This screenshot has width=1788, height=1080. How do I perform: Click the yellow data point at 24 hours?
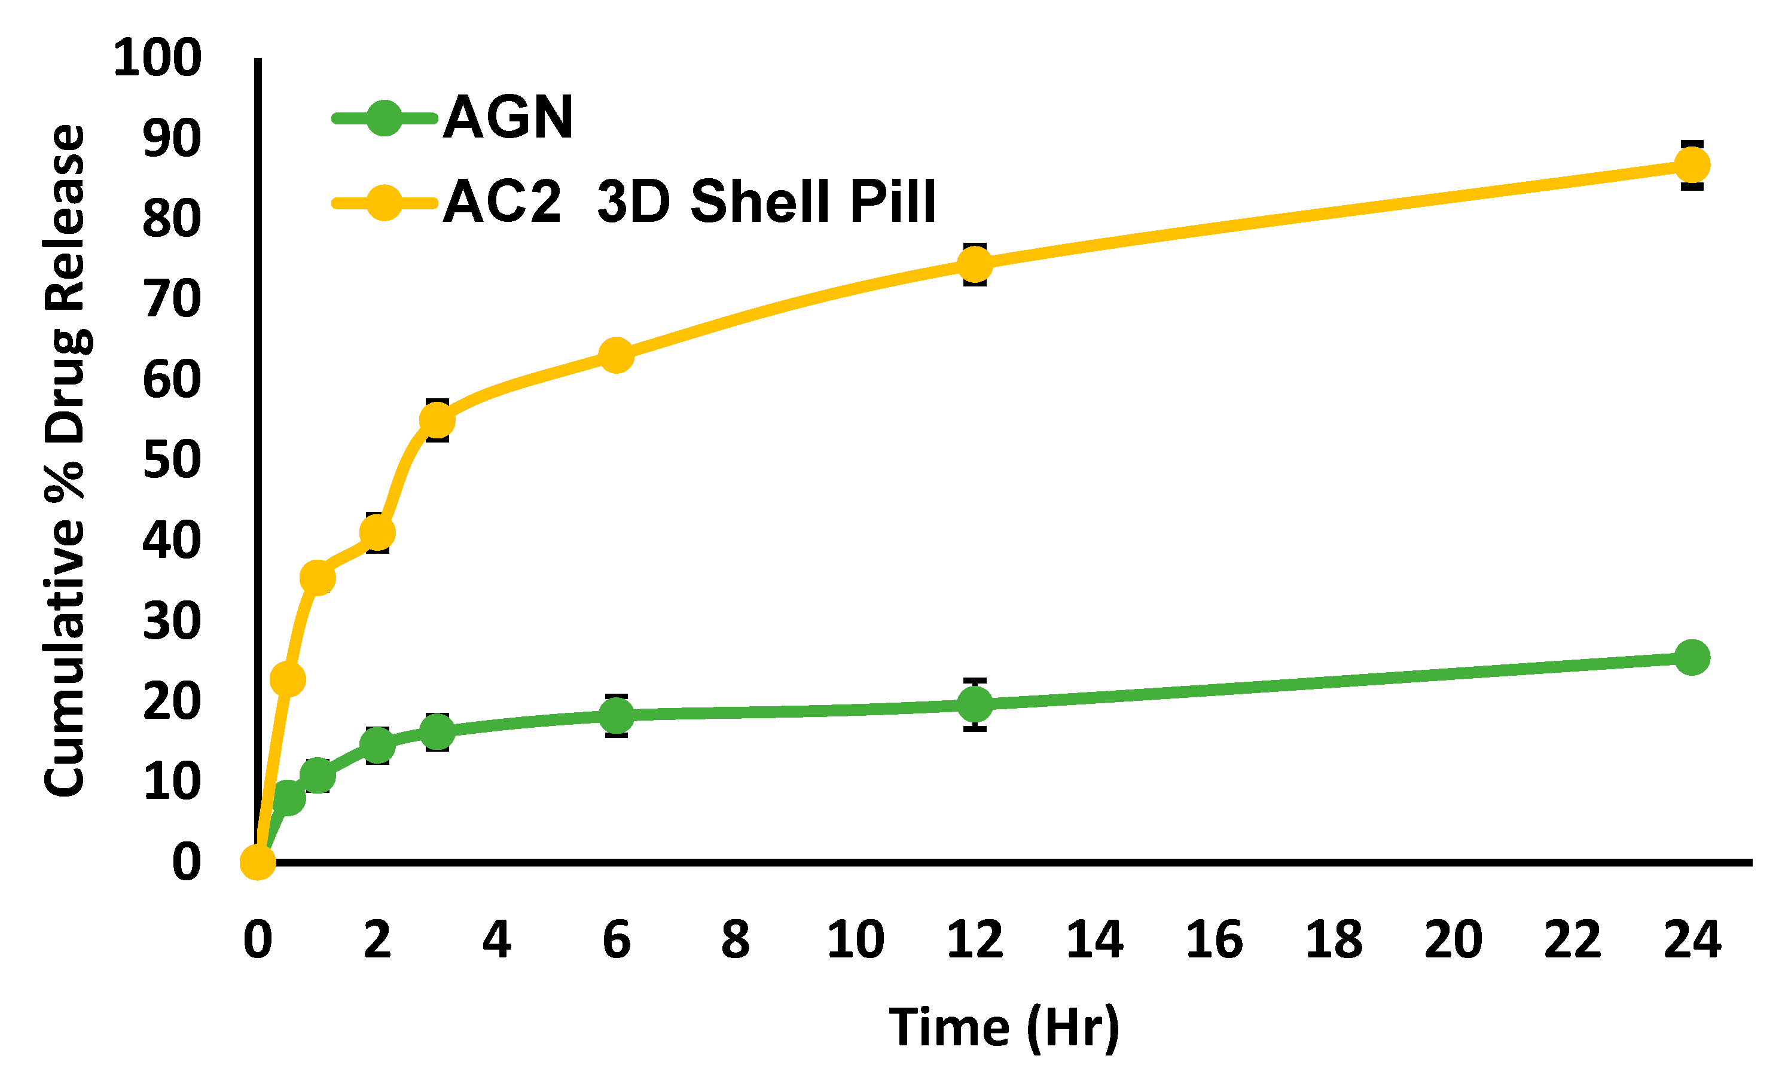(1692, 165)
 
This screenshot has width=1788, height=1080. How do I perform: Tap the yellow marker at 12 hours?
(975, 264)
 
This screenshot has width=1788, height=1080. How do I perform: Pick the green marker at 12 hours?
(975, 703)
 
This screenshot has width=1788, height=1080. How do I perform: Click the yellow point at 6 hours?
(616, 355)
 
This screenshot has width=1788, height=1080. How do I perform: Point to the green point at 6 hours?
(616, 715)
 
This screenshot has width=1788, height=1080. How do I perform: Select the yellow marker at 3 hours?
(437, 420)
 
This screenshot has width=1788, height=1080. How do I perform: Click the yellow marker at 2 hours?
(377, 533)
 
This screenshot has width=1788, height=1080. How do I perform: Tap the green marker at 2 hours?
(377, 745)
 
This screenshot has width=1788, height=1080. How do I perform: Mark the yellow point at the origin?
(258, 862)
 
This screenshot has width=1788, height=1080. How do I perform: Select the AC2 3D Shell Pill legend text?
(689, 201)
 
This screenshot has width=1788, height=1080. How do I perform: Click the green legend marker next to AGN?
(384, 118)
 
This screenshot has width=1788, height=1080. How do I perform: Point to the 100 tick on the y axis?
(157, 58)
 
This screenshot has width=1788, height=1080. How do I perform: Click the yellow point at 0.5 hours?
(288, 679)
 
